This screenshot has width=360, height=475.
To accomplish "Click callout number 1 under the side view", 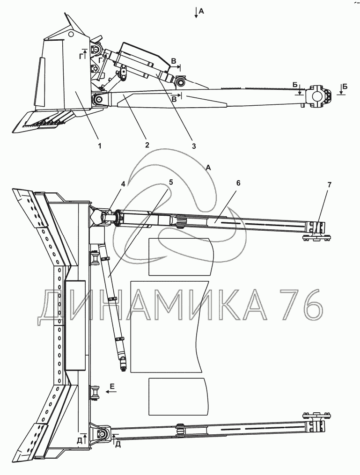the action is click(99, 146).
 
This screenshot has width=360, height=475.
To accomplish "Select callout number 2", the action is click(147, 145).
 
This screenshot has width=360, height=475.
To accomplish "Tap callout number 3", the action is click(194, 146).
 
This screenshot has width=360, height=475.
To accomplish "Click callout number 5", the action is click(171, 182).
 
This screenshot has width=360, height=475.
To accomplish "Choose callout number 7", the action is click(330, 184).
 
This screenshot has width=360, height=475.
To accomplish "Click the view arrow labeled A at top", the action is click(196, 13).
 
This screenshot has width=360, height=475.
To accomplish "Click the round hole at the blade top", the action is click(71, 34).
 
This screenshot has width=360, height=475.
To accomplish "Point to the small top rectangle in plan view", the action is click(181, 257).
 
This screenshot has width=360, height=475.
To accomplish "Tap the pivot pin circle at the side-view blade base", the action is click(98, 100).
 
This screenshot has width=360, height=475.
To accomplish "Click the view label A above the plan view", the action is click(208, 168).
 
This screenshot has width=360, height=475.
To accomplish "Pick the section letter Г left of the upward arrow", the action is click(81, 56).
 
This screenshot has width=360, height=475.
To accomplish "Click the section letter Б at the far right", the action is click(345, 87).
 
